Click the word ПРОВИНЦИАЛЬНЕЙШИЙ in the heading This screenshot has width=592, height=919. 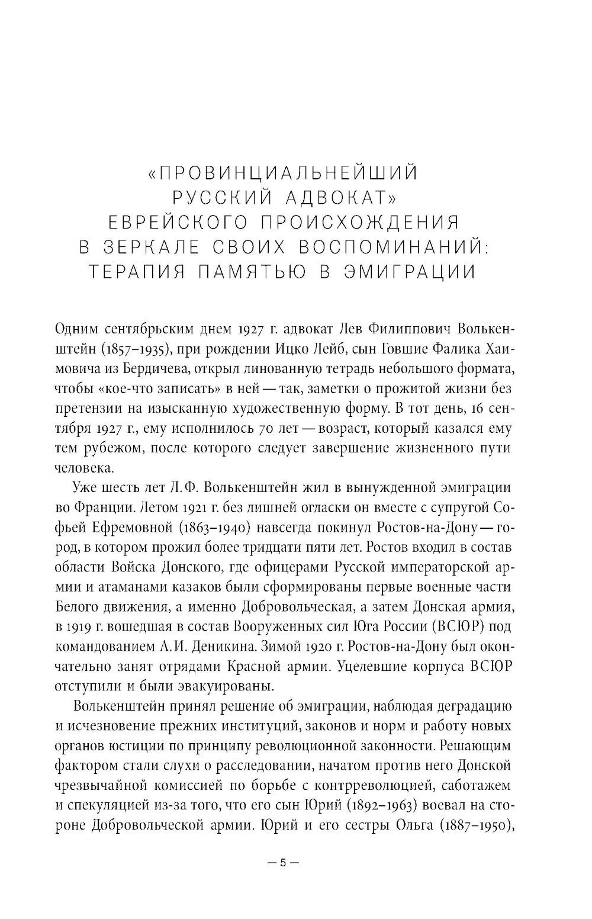pos(289,173)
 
